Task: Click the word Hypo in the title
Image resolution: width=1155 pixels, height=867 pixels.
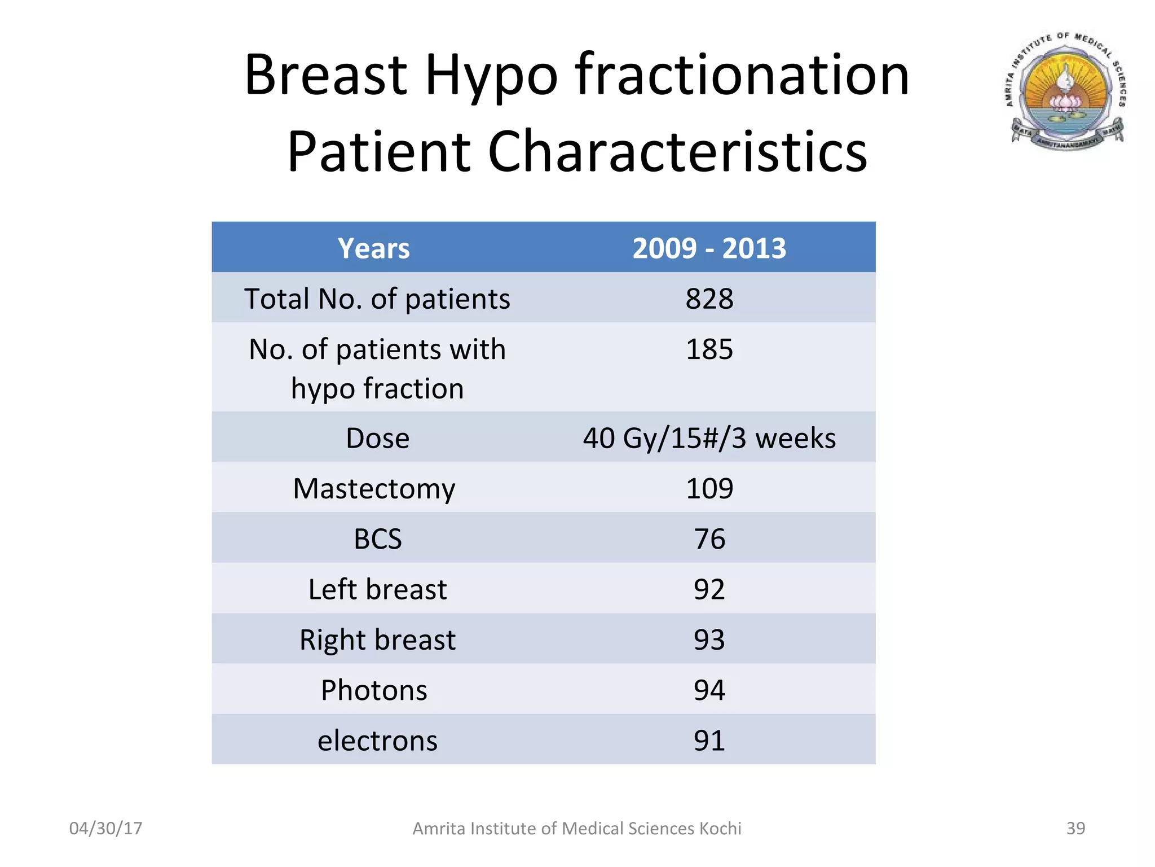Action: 491,76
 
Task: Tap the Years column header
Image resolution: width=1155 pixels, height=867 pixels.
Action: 373,248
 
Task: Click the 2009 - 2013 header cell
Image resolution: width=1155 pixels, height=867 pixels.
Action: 709,248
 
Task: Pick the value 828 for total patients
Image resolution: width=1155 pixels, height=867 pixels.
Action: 709,299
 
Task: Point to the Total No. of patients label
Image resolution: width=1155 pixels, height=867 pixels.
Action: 377,299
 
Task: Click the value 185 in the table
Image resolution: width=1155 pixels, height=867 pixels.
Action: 709,349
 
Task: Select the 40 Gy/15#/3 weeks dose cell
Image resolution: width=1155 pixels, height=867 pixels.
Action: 709,438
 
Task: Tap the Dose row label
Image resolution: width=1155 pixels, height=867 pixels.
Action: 377,438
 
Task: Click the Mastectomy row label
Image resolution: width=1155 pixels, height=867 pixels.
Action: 374,488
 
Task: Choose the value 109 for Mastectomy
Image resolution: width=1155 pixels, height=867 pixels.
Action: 709,488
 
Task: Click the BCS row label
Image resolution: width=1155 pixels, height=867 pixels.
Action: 377,538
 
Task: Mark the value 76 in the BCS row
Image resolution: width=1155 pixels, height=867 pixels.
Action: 709,538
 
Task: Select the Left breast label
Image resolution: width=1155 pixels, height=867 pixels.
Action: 377,589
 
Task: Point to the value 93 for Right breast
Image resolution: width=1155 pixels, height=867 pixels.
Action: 709,640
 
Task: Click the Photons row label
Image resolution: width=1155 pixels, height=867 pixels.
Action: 374,690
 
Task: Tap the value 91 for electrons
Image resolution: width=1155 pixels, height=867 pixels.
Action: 709,740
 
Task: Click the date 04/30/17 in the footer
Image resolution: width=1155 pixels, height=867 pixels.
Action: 105,828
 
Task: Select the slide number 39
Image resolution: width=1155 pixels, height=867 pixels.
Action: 1075,828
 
